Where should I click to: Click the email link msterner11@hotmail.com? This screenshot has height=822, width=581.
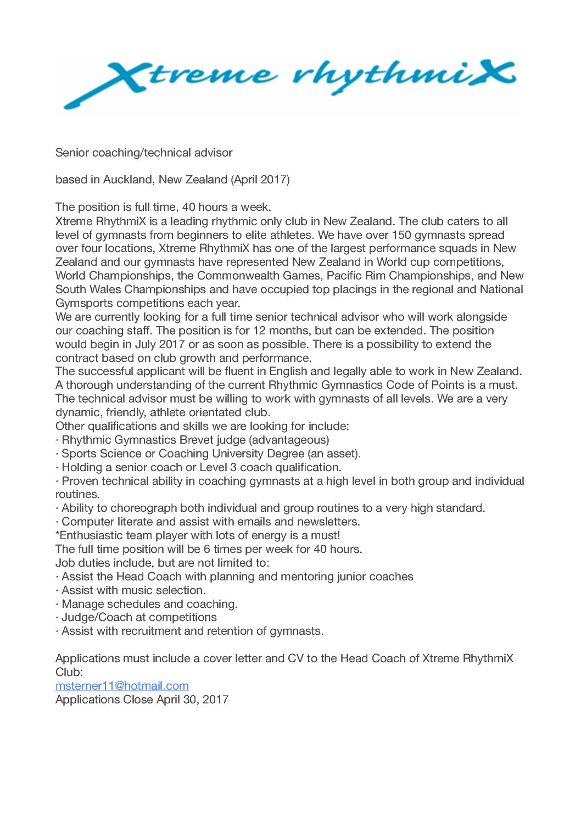122,686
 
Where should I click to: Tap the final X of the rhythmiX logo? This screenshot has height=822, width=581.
489,76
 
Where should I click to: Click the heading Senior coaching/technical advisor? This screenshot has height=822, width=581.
144,153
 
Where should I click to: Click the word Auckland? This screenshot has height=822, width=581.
127,180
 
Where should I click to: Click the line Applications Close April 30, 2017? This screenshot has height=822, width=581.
142,700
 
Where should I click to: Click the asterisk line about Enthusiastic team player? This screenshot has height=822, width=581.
198,535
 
